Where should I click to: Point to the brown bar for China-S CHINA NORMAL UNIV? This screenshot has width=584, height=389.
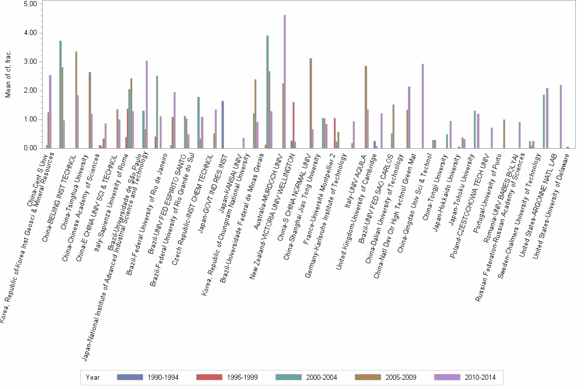(x=311, y=103)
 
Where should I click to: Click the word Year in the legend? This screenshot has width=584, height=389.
(x=93, y=377)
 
